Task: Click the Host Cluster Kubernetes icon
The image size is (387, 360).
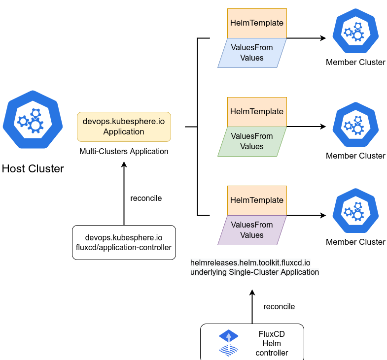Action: (x=33, y=120)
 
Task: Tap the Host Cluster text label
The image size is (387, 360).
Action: (x=33, y=168)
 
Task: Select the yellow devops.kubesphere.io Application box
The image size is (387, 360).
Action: (x=124, y=127)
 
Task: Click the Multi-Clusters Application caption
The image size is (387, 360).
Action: (x=124, y=151)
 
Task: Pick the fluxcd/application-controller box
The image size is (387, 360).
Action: (x=124, y=242)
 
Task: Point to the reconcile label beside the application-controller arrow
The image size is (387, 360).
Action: (x=146, y=198)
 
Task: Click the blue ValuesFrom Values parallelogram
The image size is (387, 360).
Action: (x=252, y=53)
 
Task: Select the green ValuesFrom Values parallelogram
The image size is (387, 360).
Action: (x=252, y=141)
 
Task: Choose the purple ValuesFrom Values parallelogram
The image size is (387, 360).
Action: (x=252, y=230)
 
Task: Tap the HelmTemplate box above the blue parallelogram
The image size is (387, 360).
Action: (x=257, y=23)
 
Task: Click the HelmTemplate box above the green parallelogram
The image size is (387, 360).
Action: (x=257, y=112)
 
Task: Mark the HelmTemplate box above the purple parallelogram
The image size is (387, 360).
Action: (x=257, y=200)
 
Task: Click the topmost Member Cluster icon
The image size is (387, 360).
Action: (x=355, y=31)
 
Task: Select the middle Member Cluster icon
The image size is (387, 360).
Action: (x=355, y=125)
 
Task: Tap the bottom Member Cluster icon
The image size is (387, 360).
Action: (x=355, y=211)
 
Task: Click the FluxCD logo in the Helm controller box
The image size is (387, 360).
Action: (x=229, y=343)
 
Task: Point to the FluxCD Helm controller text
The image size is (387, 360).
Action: (x=272, y=343)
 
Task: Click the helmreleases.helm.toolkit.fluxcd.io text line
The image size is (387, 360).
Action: (x=250, y=263)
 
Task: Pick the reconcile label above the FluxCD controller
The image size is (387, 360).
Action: (x=279, y=306)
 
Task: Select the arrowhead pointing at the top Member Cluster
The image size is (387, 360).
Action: (x=323, y=38)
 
